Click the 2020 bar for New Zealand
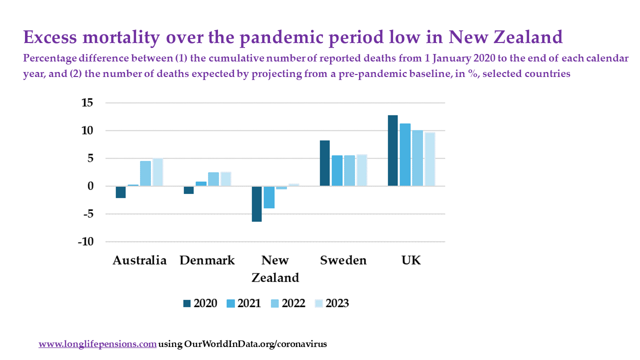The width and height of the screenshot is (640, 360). [256, 203]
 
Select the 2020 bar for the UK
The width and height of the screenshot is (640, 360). [392, 150]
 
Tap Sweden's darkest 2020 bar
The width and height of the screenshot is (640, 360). [324, 163]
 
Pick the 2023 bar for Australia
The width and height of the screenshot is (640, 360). [157, 172]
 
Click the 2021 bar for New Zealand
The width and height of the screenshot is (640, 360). [269, 197]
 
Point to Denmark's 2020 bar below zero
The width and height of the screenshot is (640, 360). [188, 190]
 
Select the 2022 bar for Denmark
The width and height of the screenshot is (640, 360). [213, 179]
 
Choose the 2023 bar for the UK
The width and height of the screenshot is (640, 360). [430, 159]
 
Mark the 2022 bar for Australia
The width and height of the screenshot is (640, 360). [145, 173]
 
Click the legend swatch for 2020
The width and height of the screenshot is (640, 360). [187, 303]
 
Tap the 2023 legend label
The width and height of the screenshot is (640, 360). [337, 303]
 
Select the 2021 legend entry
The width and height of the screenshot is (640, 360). [249, 303]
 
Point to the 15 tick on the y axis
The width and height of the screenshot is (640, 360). [87, 103]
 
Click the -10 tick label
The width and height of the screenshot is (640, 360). [85, 241]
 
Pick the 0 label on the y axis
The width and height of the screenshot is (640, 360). [90, 186]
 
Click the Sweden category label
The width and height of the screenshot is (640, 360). [343, 260]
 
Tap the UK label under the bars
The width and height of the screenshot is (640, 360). [411, 260]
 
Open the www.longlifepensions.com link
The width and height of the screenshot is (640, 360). [97, 344]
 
